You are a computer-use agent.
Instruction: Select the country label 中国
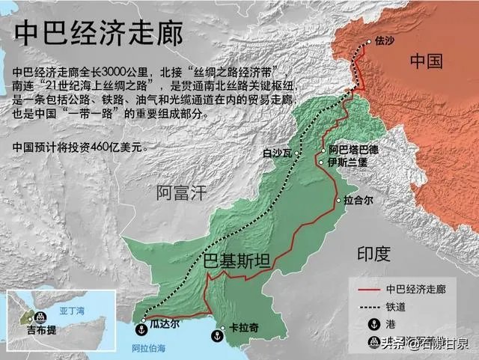click(427, 61)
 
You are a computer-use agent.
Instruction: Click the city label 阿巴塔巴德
click(353, 150)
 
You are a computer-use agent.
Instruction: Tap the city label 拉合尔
click(360, 200)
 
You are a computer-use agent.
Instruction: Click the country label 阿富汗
click(180, 193)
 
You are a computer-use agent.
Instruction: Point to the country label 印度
click(373, 254)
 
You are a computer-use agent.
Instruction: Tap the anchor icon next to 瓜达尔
click(140, 328)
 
